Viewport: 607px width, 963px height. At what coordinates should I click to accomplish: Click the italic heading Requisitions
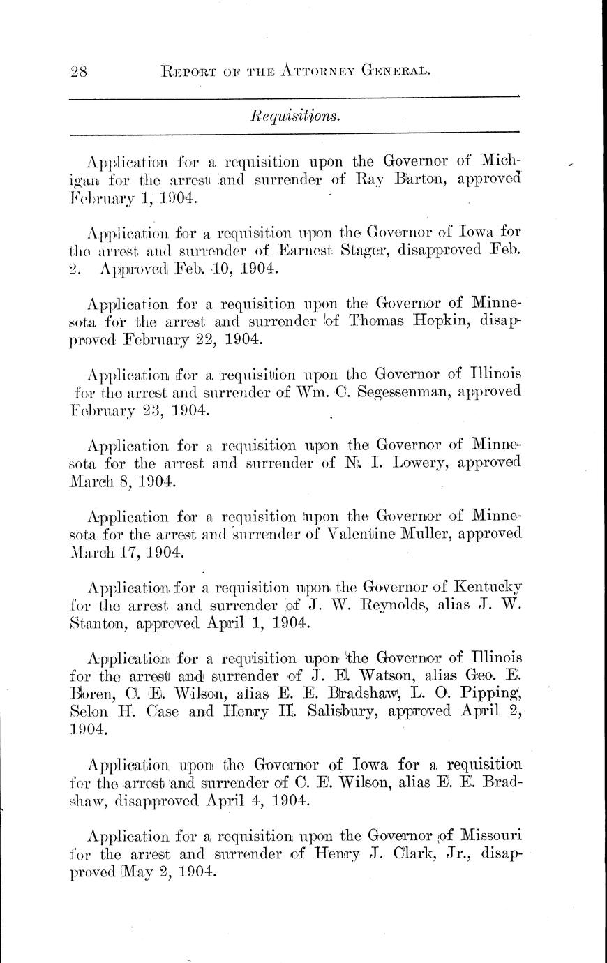click(x=294, y=116)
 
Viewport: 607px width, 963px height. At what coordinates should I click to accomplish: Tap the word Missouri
click(x=488, y=835)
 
